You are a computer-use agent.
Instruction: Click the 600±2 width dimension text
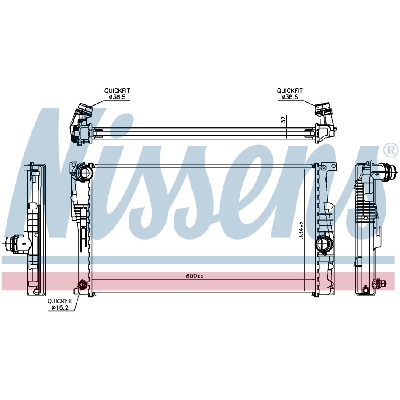(195, 276)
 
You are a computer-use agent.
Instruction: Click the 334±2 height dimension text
(302, 230)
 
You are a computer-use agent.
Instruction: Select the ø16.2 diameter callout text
(60, 308)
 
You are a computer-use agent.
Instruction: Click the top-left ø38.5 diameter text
(117, 97)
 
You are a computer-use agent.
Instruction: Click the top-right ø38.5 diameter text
(290, 97)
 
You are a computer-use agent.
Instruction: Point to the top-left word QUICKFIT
(117, 90)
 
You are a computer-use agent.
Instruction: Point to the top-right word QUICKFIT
(290, 90)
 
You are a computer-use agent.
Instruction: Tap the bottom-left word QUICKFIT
(60, 301)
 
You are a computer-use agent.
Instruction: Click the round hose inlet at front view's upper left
(85, 173)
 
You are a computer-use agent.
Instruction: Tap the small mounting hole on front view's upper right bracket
(324, 168)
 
